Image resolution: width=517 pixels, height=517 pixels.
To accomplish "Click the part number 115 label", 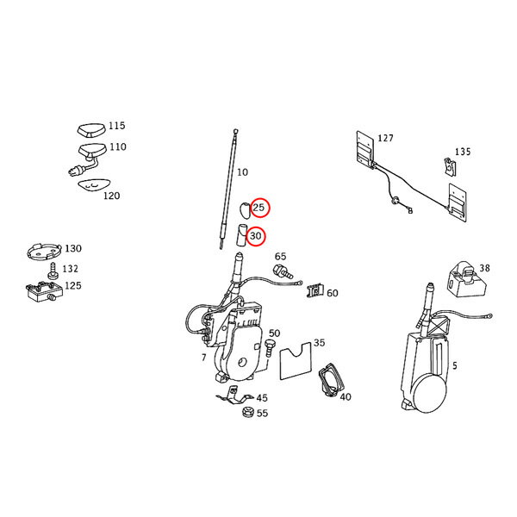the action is click(117, 126).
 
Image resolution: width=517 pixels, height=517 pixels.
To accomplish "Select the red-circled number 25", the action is click(258, 208).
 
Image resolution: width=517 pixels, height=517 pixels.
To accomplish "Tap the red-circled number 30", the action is click(256, 236).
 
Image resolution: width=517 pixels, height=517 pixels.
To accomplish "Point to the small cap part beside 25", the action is click(245, 211).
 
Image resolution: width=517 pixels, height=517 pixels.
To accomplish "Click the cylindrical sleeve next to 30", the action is click(241, 235).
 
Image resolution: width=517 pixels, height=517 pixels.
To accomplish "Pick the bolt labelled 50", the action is click(270, 348).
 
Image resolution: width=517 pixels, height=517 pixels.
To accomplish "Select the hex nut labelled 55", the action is click(247, 412).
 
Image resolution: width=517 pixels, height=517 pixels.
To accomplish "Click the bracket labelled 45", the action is click(234, 396).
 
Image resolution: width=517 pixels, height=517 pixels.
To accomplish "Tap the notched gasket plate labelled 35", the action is click(296, 361).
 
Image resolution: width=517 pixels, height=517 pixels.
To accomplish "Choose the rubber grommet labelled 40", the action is click(331, 381).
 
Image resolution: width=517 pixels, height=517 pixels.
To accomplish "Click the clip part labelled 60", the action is click(316, 290).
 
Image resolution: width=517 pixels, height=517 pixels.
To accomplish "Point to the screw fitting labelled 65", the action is click(283, 271).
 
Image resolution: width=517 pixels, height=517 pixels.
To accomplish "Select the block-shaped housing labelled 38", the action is click(466, 278).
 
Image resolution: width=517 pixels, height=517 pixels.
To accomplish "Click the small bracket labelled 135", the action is click(450, 167).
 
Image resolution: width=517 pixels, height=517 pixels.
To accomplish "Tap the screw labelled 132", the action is click(52, 271).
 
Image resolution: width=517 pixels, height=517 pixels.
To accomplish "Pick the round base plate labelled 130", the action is click(44, 252).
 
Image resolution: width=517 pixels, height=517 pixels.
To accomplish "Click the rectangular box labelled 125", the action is click(44, 291).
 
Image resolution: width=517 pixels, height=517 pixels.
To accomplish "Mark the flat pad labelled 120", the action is click(94, 186).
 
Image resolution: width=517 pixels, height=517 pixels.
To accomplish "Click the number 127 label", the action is click(385, 138).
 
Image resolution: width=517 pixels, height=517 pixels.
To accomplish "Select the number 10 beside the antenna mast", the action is click(242, 172).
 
